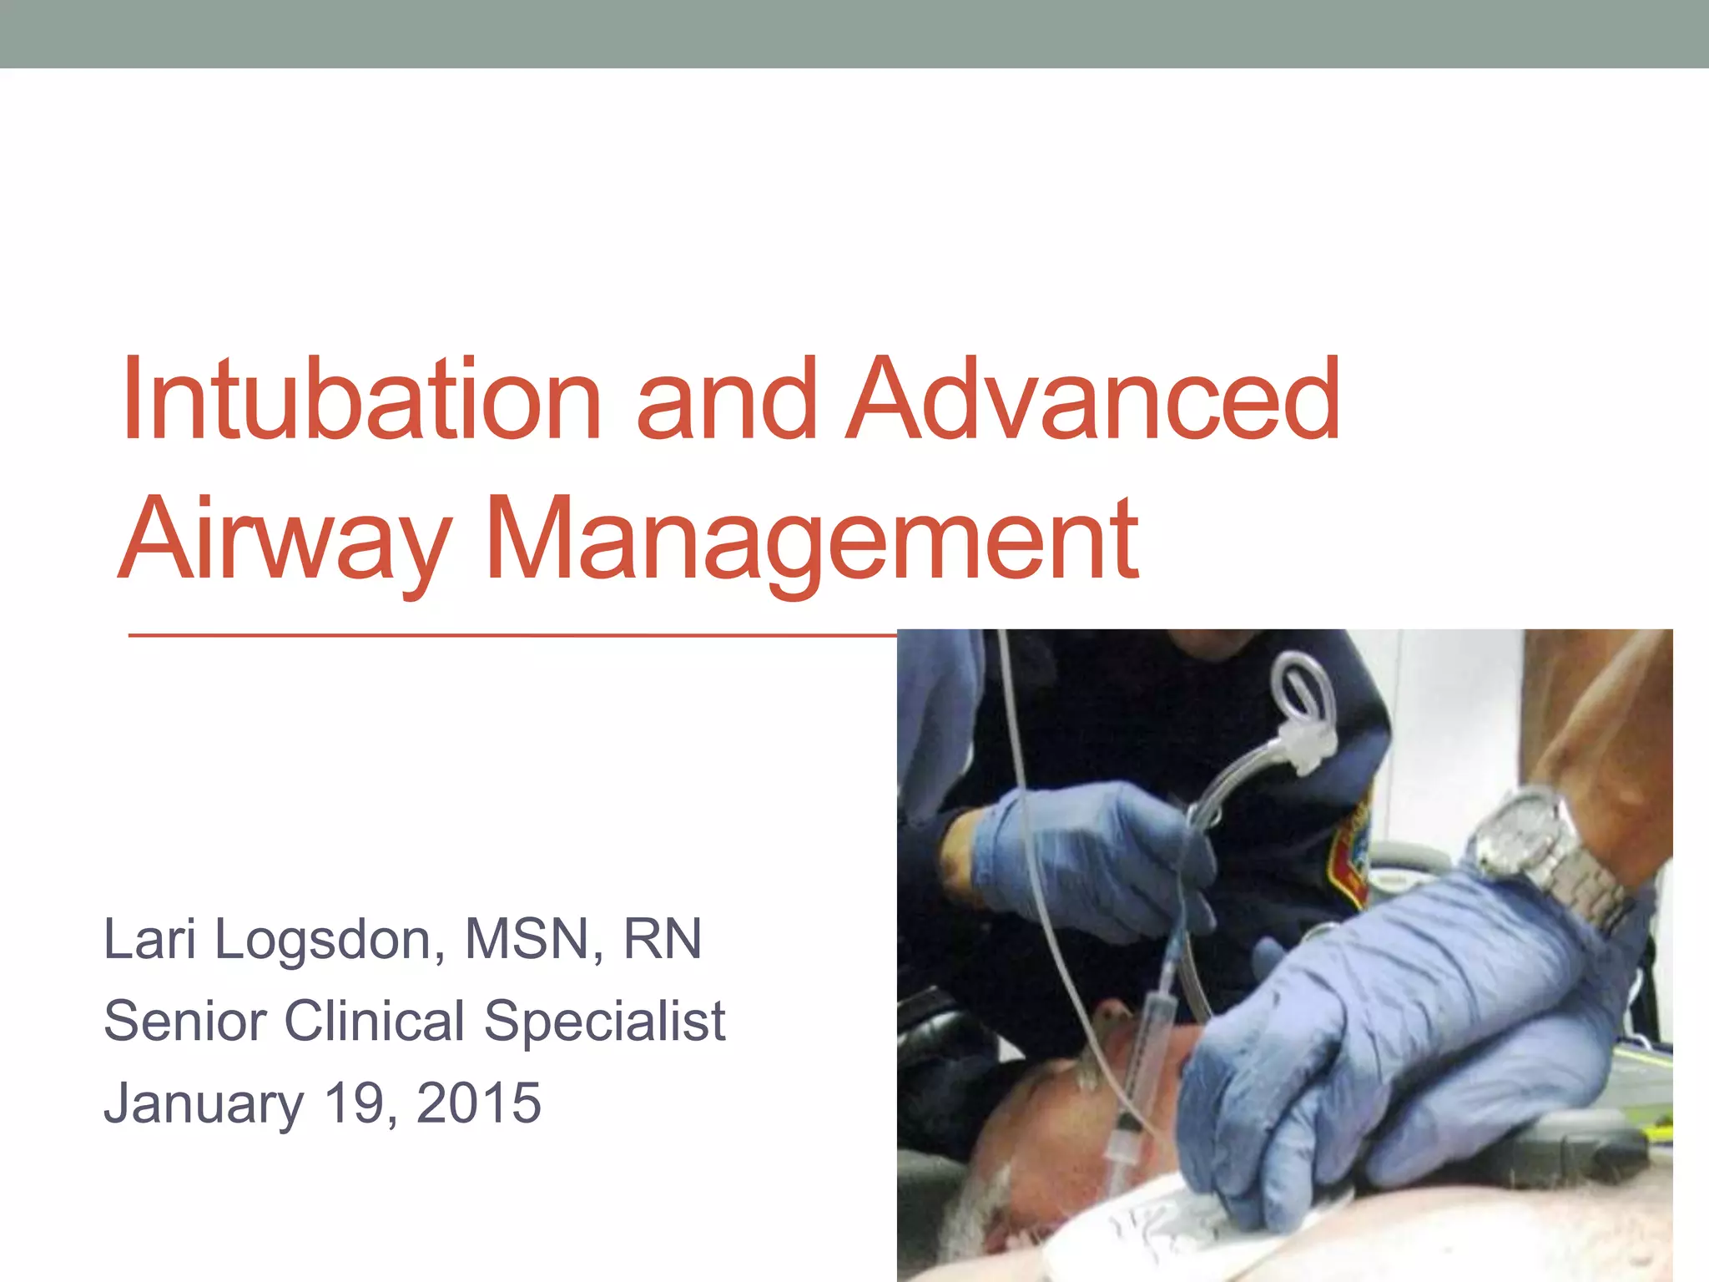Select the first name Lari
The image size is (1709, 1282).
click(x=149, y=939)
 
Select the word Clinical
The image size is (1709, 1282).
click(x=374, y=1020)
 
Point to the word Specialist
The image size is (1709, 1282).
click(x=605, y=1022)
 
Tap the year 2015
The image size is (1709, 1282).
click(x=478, y=1102)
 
